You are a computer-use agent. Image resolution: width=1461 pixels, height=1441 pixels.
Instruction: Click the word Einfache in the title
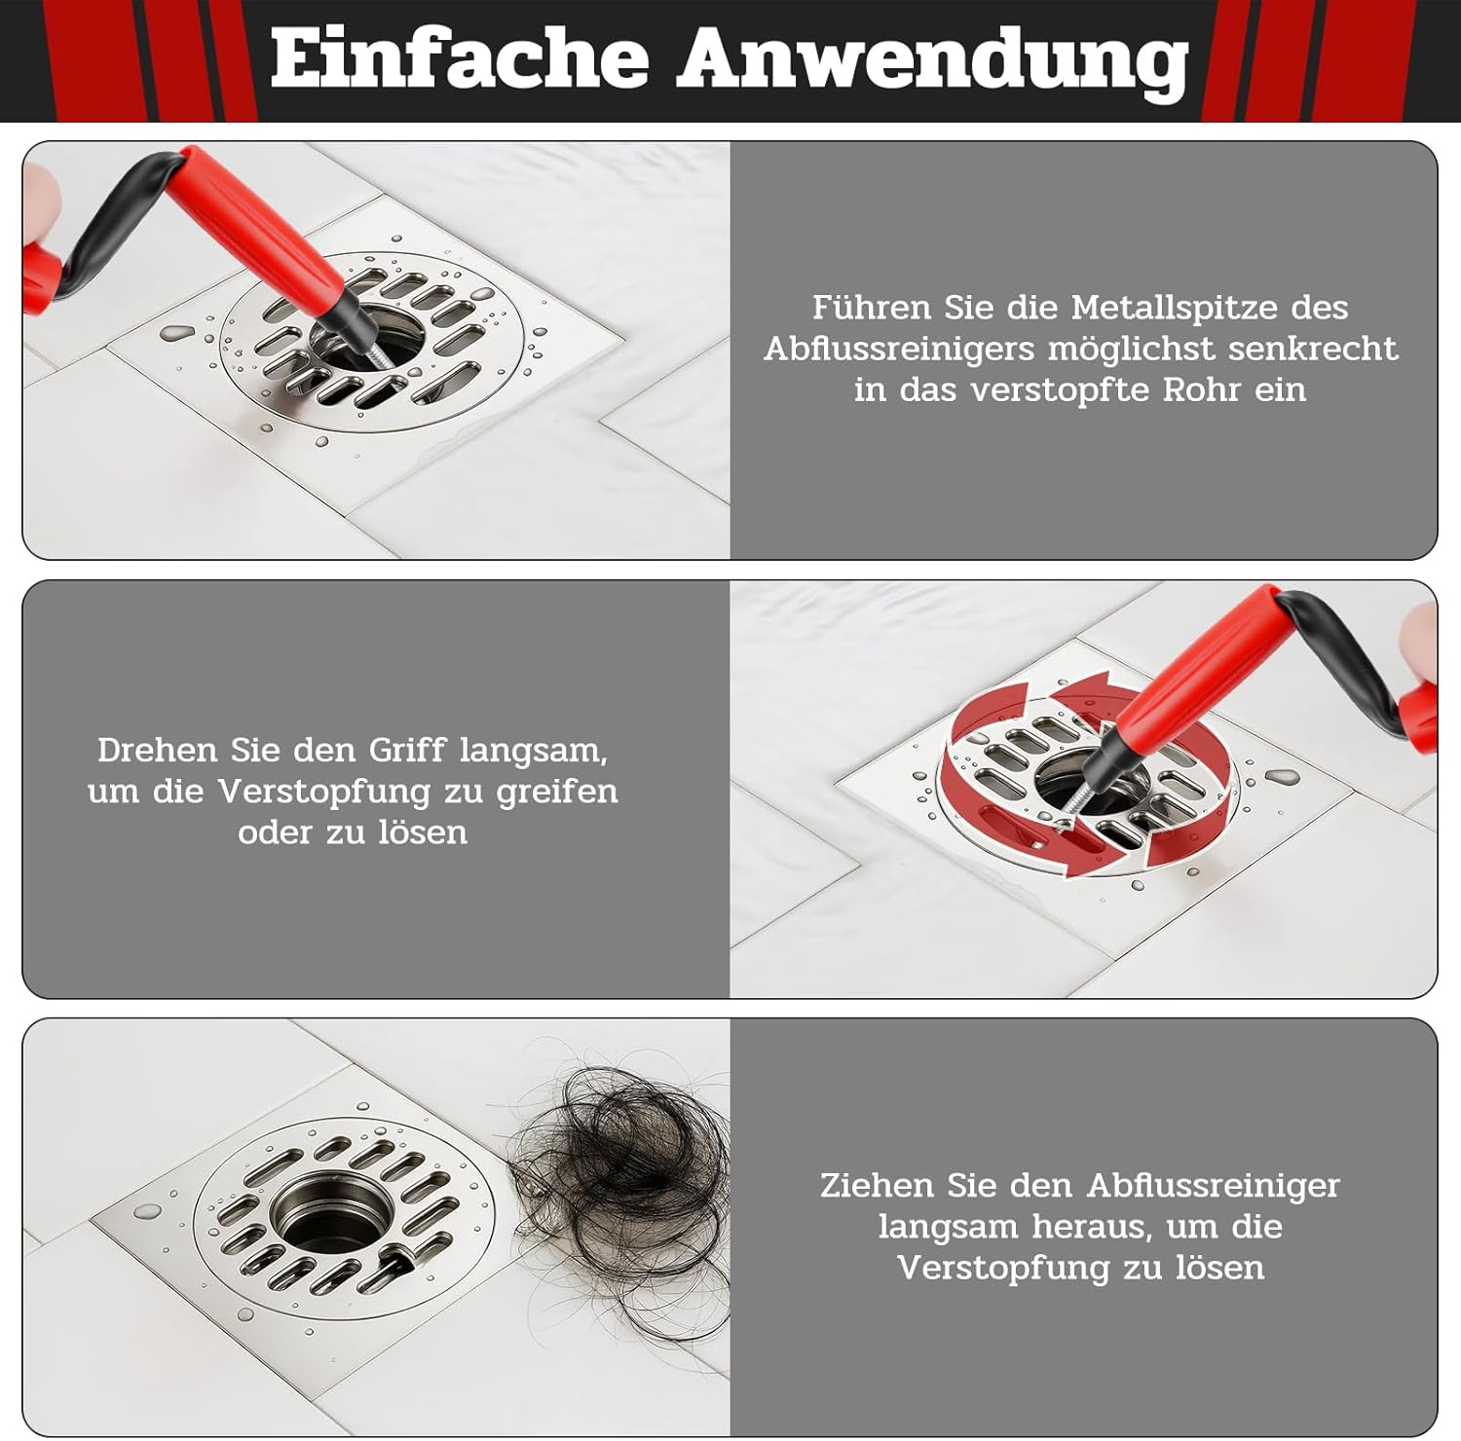pyautogui.click(x=460, y=58)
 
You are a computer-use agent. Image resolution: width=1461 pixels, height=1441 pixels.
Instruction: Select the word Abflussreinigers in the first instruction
pyautogui.click(x=898, y=349)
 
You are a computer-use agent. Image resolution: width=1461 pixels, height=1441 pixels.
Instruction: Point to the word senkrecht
pyautogui.click(x=1312, y=349)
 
